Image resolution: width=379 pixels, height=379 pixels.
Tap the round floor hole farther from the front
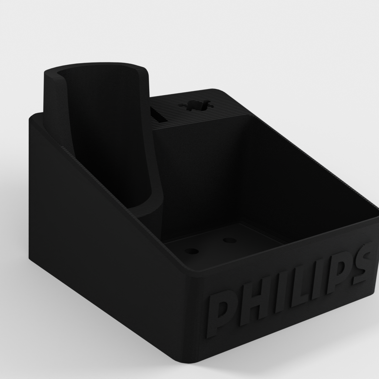click(229, 241)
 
